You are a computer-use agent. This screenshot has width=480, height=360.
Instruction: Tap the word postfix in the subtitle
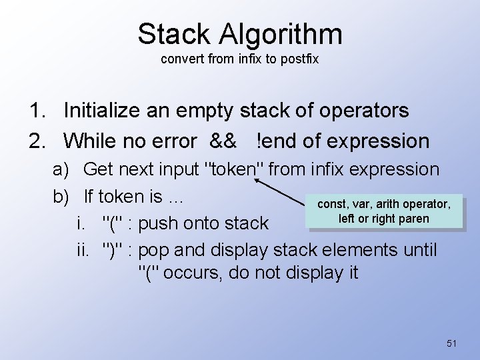coord(299,59)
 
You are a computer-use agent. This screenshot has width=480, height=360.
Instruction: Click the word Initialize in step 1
coord(114,111)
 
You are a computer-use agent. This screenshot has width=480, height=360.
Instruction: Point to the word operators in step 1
coord(359,111)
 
